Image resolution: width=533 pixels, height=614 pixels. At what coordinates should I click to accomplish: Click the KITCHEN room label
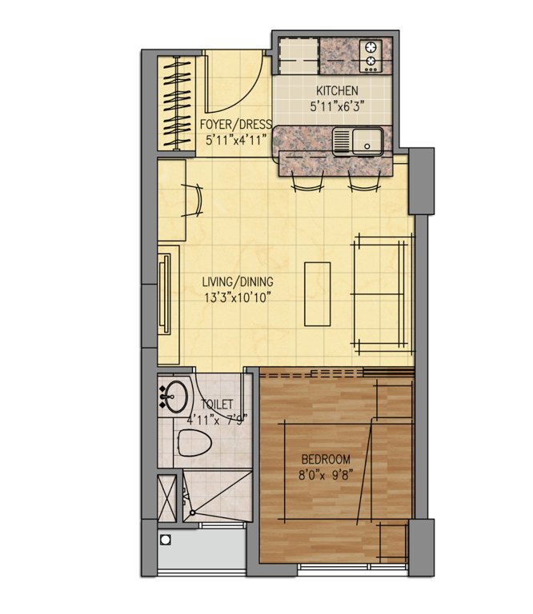[x=337, y=90]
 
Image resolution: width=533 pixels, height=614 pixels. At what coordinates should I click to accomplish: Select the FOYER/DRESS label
[x=234, y=125]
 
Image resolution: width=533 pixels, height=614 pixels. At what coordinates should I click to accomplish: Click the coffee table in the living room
[x=318, y=293]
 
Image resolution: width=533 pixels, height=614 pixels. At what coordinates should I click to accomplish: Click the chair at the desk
[x=195, y=199]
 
